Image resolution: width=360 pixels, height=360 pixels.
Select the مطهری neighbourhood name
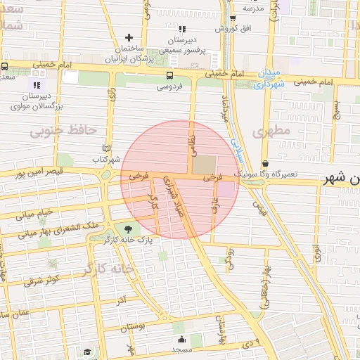coord(273,131)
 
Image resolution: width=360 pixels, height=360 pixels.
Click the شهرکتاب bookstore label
coord(107,160)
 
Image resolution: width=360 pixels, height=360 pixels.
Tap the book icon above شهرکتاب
coord(107,149)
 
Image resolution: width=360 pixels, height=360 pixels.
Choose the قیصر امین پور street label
coord(39,172)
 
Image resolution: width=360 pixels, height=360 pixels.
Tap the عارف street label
coord(214,203)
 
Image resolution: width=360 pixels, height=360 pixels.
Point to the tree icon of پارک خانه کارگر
coord(127,229)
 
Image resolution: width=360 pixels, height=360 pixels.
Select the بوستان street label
coord(132,327)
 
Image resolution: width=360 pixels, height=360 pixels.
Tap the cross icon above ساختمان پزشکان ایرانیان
coord(129,37)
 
